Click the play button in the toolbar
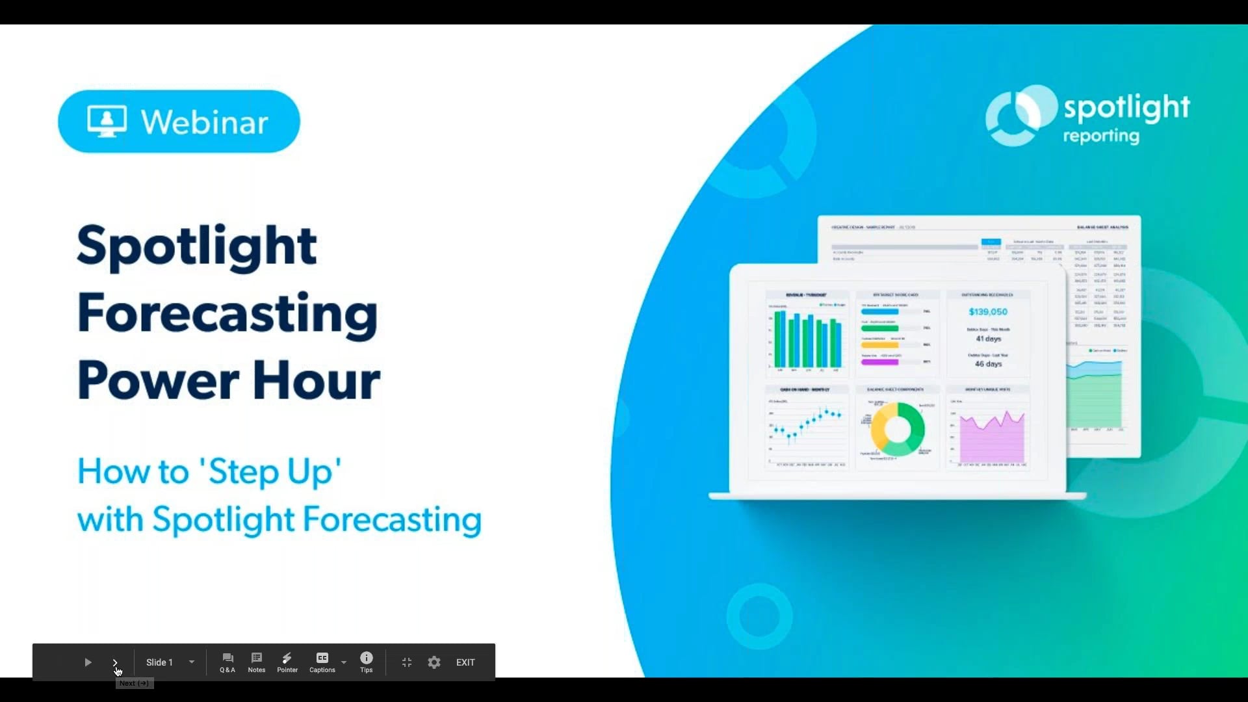88,662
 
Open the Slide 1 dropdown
192,662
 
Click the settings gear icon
434,662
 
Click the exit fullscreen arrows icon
407,662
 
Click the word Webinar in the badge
204,122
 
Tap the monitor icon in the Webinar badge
107,122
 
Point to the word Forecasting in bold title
227,313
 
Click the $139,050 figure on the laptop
987,312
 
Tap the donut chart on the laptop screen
898,429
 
